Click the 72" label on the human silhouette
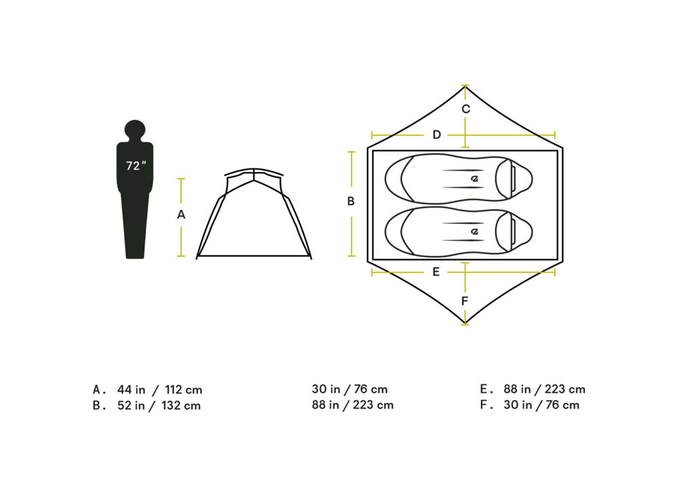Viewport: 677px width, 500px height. [136, 166]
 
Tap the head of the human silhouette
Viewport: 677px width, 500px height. [135, 130]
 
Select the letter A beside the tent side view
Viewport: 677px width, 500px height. [181, 214]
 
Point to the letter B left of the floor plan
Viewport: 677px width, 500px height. [351, 201]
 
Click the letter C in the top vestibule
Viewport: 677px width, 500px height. [466, 109]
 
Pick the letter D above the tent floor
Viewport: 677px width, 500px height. [437, 135]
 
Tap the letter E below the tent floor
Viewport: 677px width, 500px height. [436, 272]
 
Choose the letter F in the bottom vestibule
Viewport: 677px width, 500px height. [464, 300]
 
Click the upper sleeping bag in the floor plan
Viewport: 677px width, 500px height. [458, 179]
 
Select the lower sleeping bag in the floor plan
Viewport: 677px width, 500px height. [458, 231]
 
